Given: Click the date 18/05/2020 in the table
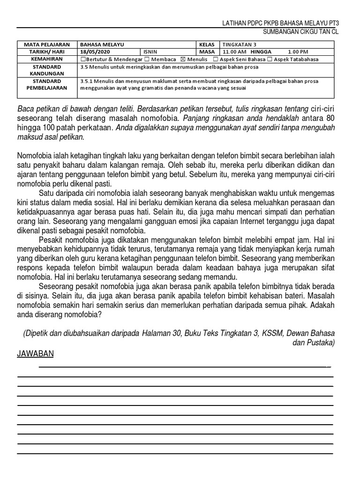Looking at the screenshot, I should click(x=94, y=52).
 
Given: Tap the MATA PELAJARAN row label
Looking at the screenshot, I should click(x=47, y=44).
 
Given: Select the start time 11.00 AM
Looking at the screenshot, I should click(x=234, y=52).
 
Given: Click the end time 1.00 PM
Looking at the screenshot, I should click(x=298, y=52).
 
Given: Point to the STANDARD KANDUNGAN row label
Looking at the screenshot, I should click(x=47, y=70).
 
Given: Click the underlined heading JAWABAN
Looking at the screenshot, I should click(x=35, y=354).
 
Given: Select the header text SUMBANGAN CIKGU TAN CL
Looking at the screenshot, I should click(x=300, y=32).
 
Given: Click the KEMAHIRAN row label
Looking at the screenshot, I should click(x=47, y=60).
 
